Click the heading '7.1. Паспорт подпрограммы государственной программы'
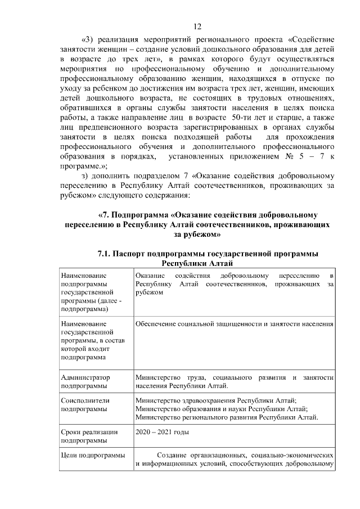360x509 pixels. tap(208, 254)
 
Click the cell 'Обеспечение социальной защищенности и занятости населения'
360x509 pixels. tap(235, 323)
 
